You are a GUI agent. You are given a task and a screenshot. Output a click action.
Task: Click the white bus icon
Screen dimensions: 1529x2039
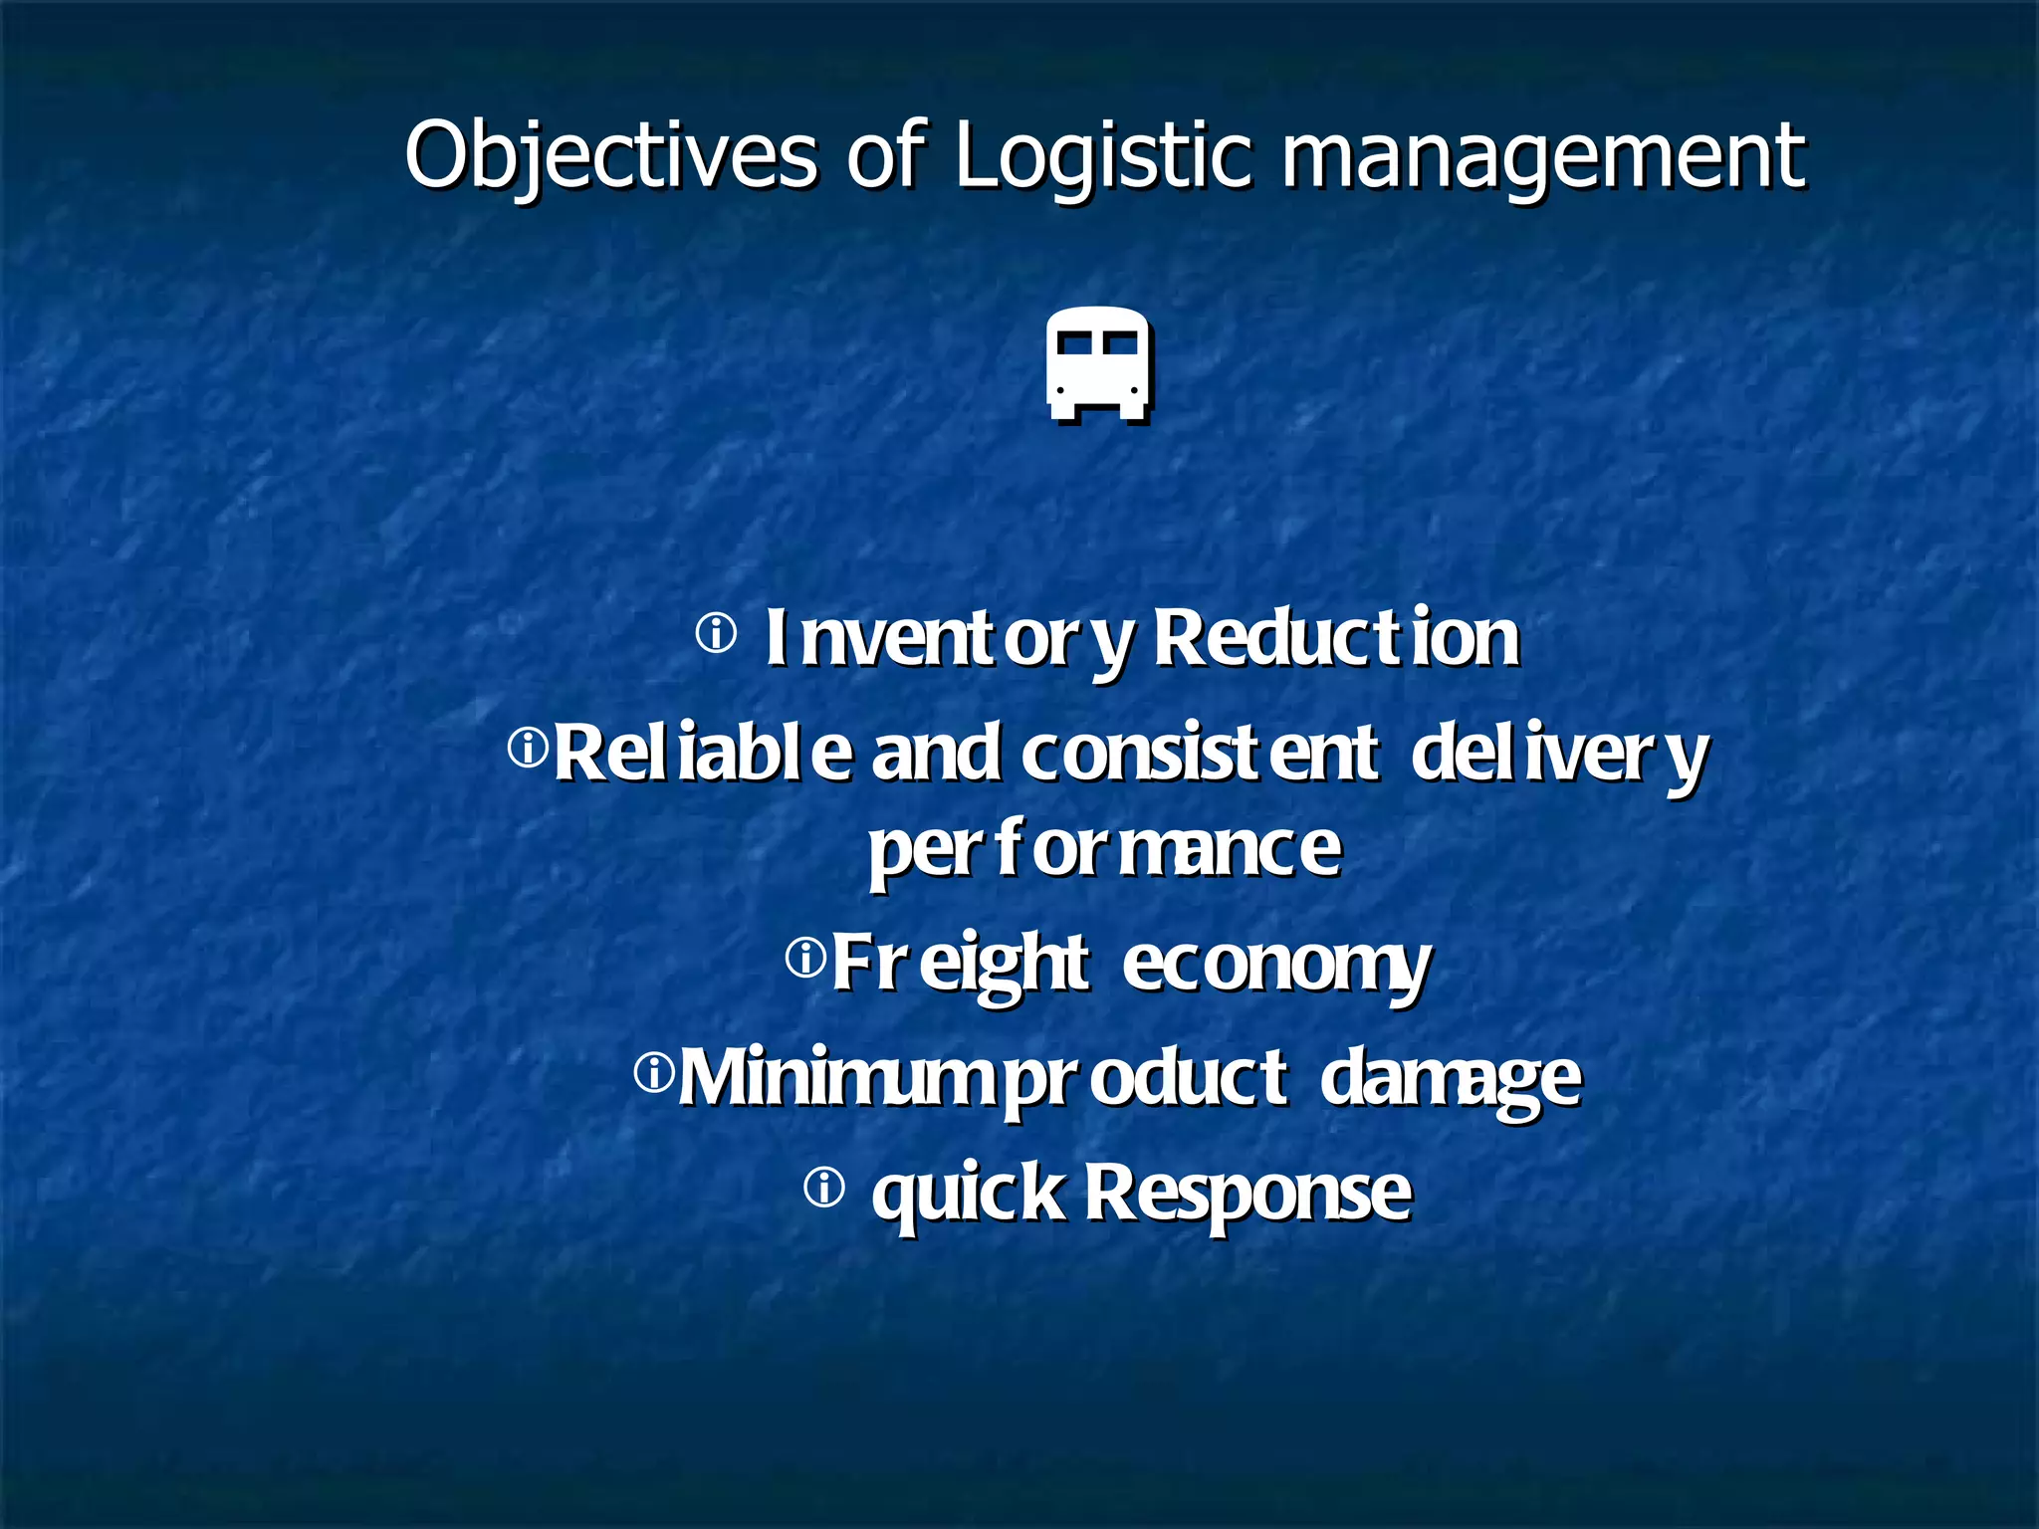[1098, 363]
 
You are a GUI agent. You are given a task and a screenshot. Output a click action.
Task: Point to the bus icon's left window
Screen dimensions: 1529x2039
[1074, 343]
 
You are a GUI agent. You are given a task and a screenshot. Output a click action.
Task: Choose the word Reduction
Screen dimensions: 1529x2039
[1336, 637]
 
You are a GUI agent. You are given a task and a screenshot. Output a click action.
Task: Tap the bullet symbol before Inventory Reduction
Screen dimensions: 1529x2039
[716, 633]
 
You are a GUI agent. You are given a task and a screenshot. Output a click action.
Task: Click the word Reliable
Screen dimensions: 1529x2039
[703, 754]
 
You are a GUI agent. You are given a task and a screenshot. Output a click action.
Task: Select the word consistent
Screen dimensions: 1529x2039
[1200, 754]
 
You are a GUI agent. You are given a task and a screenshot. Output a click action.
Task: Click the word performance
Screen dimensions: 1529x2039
[1104, 849]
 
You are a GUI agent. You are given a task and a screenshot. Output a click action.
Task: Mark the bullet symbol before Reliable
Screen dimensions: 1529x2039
[528, 748]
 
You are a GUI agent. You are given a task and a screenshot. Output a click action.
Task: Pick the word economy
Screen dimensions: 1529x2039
[1276, 965]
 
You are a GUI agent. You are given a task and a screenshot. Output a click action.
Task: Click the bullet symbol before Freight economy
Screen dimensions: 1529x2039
[805, 959]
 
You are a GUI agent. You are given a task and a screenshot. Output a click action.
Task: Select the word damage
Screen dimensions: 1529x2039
[1450, 1078]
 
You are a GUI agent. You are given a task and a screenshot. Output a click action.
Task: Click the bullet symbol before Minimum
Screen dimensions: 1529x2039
[654, 1073]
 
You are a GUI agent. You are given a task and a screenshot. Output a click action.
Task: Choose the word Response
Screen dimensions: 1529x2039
[1247, 1192]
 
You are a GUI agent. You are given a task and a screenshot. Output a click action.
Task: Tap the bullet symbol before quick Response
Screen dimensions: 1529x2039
[824, 1188]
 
